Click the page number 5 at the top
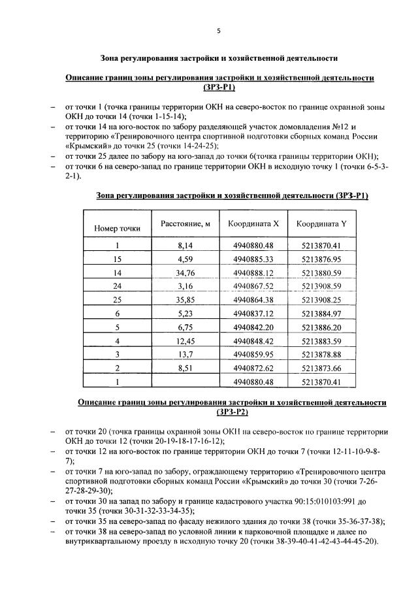(x=219, y=31)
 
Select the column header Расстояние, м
(x=185, y=224)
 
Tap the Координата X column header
(x=253, y=224)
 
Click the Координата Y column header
(x=322, y=224)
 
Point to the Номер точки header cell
(x=118, y=229)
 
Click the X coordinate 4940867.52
(x=253, y=286)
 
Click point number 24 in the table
(x=118, y=286)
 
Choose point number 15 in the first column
(x=118, y=259)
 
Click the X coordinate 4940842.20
(x=253, y=327)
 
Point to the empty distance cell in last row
(x=185, y=382)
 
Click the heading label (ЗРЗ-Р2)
(x=232, y=412)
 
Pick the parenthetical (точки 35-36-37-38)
(x=338, y=521)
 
